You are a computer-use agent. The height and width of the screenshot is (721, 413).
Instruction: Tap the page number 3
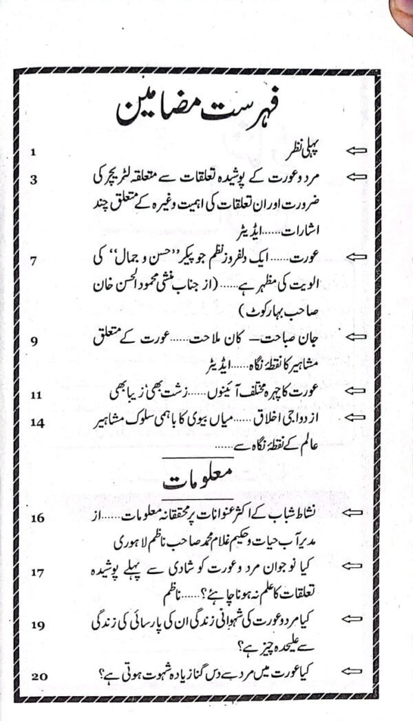tap(33, 179)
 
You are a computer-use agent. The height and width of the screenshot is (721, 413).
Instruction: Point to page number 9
tap(33, 341)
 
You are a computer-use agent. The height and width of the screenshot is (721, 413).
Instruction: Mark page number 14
tap(36, 422)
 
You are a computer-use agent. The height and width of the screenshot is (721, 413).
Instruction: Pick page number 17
tap(36, 570)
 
